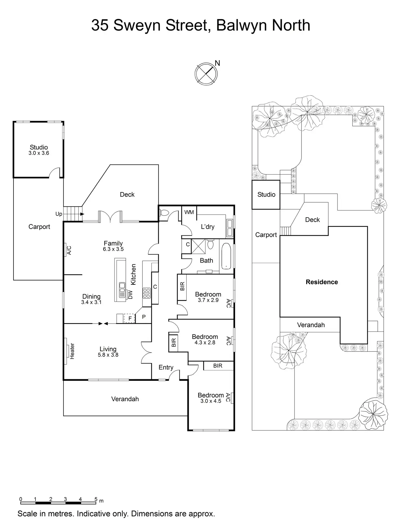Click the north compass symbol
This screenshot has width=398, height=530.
[206, 73]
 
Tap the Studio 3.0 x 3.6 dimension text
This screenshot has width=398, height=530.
[39, 153]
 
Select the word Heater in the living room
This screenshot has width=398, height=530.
[72, 351]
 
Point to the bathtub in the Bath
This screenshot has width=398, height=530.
[226, 256]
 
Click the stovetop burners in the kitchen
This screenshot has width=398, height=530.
[147, 293]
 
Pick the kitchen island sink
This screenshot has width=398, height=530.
[122, 286]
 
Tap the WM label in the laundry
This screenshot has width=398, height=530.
[189, 212]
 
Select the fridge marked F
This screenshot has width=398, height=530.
[130, 318]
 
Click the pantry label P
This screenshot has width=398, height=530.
[144, 317]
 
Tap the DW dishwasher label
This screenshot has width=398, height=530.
[131, 294]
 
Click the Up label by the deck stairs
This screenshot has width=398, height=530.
[59, 214]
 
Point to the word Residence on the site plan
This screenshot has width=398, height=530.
[322, 282]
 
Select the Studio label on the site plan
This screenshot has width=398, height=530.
[266, 194]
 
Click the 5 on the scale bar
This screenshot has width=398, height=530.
[96, 499]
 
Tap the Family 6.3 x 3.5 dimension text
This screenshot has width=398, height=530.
[113, 249]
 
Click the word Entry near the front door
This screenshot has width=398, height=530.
[166, 367]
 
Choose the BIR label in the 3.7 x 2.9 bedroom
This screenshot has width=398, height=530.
[182, 286]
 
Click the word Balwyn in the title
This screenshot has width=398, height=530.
[241, 25]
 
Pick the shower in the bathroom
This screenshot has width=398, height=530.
[198, 246]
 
